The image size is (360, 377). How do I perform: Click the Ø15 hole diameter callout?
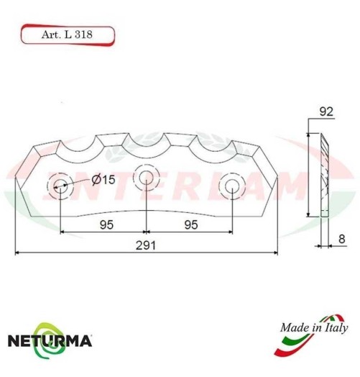103,180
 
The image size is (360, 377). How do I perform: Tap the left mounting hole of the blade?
60,186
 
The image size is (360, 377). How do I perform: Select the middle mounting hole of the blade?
146,177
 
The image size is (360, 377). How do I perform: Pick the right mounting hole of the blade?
232,186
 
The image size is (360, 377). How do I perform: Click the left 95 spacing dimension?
105,224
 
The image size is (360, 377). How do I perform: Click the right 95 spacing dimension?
190,224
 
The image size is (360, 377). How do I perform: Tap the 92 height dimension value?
326,112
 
